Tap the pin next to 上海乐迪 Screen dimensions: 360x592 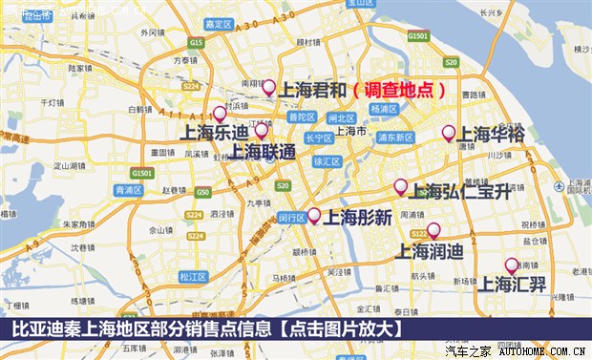[x=220, y=114]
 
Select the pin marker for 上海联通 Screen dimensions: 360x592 [x=262, y=131]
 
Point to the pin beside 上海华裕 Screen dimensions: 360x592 [x=448, y=134]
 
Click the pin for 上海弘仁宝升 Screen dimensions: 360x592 [x=400, y=186]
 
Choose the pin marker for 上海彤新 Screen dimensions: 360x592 [x=313, y=215]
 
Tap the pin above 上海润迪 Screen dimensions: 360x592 [x=433, y=230]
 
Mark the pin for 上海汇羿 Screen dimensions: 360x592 [x=511, y=265]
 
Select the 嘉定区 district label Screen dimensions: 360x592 [x=219, y=23]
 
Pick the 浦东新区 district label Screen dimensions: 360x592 [x=393, y=138]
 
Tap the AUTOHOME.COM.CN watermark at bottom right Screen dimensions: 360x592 [x=541, y=351]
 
